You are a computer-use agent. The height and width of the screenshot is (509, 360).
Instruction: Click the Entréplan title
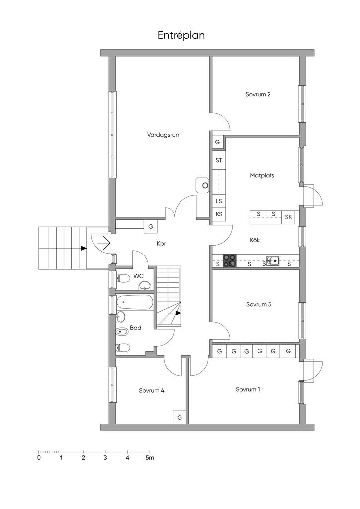[181, 35]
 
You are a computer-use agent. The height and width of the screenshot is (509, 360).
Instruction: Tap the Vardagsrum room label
[164, 135]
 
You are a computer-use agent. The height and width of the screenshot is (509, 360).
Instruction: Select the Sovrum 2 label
[258, 94]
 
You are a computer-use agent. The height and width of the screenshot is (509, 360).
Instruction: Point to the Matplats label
[262, 175]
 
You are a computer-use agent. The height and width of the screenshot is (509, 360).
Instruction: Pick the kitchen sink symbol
[273, 260]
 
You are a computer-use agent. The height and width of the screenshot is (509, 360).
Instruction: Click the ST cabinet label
[219, 160]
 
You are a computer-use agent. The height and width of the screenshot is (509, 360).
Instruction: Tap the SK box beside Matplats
[288, 217]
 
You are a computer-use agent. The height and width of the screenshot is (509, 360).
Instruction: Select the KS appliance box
[219, 214]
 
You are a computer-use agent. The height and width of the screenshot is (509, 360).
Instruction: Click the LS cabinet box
[219, 201]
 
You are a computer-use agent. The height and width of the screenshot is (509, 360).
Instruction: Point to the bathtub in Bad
[135, 303]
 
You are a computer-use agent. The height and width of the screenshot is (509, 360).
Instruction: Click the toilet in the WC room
[123, 278]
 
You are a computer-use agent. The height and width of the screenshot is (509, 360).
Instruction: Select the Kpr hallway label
[161, 243]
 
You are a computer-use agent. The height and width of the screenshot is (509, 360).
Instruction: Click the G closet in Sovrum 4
[180, 417]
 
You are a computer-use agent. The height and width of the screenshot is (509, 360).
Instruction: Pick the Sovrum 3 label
[259, 304]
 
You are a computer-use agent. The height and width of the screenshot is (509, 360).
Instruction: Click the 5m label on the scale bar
[149, 458]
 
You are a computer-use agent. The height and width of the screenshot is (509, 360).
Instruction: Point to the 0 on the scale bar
[39, 458]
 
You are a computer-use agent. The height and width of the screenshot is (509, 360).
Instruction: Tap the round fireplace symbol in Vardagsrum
[205, 186]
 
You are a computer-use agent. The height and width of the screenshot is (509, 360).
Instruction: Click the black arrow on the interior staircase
[178, 313]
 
